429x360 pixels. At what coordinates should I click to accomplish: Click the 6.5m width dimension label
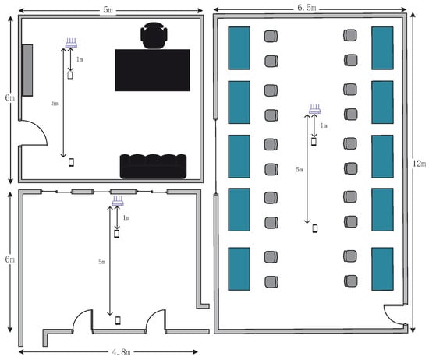click(307, 8)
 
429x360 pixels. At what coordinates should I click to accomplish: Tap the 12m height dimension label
click(419, 164)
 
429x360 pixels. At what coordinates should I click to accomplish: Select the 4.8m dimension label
click(121, 351)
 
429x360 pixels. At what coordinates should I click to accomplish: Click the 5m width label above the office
click(108, 10)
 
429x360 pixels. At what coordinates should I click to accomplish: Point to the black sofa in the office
click(153, 166)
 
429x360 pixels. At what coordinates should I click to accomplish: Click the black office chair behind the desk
click(154, 36)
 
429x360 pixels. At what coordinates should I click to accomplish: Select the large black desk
click(152, 70)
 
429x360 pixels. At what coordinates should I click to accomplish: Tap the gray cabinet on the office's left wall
click(27, 70)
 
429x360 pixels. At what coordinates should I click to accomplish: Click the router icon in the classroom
click(314, 109)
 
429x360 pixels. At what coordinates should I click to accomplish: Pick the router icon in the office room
click(71, 43)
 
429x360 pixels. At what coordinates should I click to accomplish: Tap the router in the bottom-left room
click(118, 201)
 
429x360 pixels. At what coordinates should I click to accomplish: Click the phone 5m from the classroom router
click(315, 228)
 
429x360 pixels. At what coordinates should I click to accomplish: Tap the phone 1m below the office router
click(70, 76)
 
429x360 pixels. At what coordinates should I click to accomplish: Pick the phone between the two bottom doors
click(118, 320)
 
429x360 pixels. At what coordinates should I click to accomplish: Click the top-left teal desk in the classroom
click(239, 48)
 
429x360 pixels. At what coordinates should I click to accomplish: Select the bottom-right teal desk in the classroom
click(382, 269)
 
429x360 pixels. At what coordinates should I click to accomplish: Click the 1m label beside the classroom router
click(324, 125)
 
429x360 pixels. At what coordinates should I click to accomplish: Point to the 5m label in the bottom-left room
click(101, 262)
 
